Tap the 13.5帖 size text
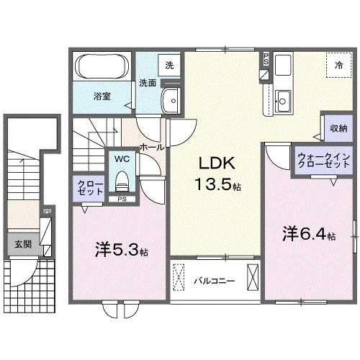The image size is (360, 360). pyautogui.click(x=216, y=186)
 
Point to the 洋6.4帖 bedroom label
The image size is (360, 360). pyautogui.click(x=308, y=234)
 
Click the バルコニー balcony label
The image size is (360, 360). pyautogui.click(x=212, y=280)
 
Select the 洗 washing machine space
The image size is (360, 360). pyautogui.click(x=170, y=66)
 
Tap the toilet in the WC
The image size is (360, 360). pyautogui.click(x=120, y=176)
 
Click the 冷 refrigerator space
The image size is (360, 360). pyautogui.click(x=338, y=66)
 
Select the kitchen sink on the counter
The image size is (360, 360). pyautogui.click(x=282, y=100)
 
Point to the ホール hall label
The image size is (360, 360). pyautogui.click(x=151, y=147)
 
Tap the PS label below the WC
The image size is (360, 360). pyautogui.click(x=122, y=199)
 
